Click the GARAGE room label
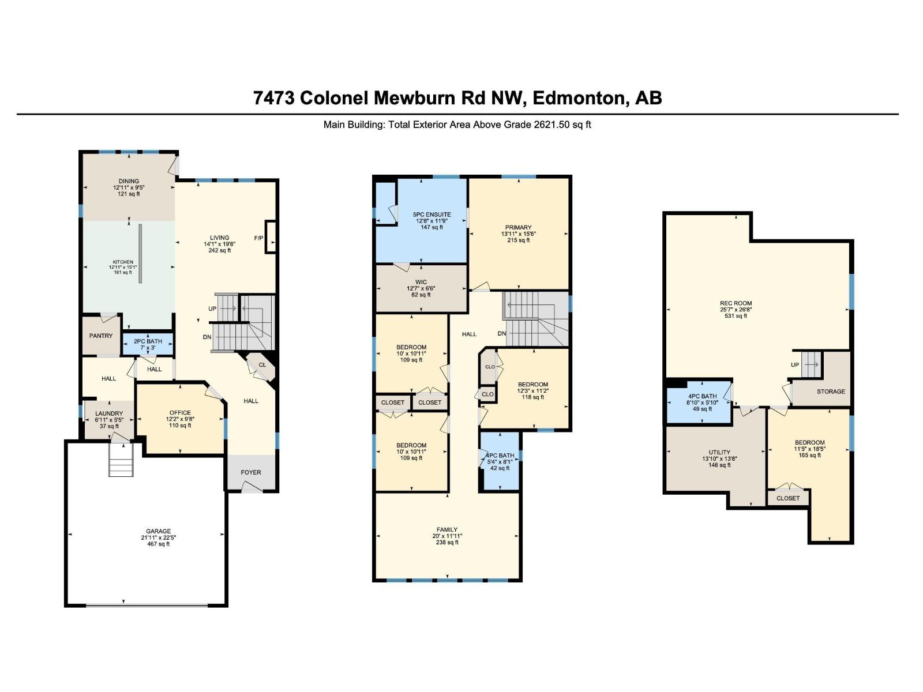(158, 531)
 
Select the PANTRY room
(101, 336)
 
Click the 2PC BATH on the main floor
(148, 344)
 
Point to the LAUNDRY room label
(109, 413)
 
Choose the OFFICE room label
(180, 413)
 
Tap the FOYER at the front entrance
(251, 472)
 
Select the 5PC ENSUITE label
(432, 215)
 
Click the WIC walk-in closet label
(421, 283)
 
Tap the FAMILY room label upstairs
(447, 529)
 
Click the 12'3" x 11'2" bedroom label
(532, 390)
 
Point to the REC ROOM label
(736, 303)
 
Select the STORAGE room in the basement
(831, 392)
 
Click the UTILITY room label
(719, 452)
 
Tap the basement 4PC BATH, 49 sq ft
(702, 403)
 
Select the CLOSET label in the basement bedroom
(788, 498)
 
